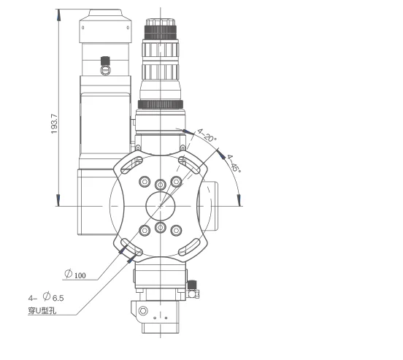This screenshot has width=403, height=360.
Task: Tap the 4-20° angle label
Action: point(208,137)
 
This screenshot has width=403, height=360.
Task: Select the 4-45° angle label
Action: point(234,162)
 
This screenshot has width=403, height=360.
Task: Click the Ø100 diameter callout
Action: point(75,275)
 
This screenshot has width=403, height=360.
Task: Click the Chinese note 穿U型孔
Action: point(42,312)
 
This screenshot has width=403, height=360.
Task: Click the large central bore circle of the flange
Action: point(160,206)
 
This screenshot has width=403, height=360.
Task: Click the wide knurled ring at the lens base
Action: point(161,104)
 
